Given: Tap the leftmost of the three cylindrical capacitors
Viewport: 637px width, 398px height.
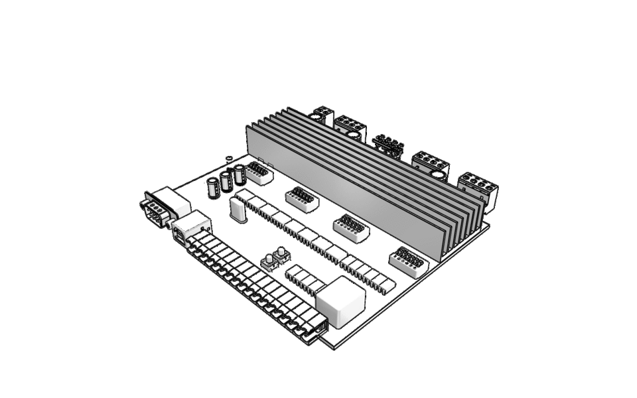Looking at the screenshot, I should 214,187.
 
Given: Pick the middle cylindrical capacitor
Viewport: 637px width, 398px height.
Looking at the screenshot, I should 227,180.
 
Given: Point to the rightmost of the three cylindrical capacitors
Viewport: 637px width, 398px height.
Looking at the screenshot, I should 240,174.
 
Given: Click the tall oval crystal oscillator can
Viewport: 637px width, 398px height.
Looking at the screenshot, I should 238,210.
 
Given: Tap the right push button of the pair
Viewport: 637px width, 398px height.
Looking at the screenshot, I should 281,255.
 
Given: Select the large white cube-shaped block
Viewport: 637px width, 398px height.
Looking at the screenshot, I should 340,302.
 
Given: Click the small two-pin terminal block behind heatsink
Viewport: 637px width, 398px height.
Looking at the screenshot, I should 322,115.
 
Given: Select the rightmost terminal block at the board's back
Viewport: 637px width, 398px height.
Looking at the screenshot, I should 478,188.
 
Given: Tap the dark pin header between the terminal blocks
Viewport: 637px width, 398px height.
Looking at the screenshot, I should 389,146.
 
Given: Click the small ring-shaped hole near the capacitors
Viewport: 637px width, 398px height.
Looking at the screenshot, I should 229,158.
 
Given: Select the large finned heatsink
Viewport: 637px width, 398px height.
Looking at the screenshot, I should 365,182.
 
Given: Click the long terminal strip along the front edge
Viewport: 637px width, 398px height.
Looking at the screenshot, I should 252,285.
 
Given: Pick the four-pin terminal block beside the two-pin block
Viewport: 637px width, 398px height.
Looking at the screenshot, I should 350,127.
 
